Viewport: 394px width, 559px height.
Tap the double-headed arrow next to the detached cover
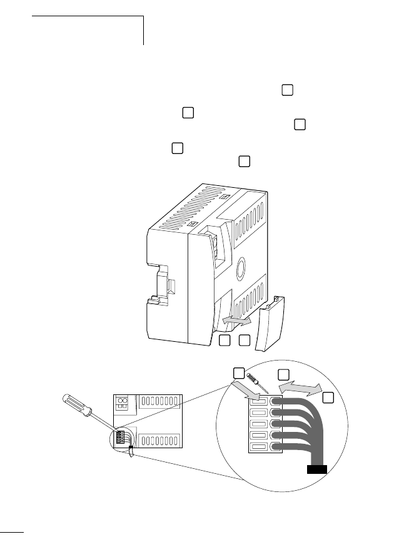pos(238,321)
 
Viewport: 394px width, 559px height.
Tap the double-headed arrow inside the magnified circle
pos(299,389)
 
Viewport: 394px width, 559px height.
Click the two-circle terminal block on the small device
pos(124,404)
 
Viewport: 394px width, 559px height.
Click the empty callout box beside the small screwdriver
pos(238,373)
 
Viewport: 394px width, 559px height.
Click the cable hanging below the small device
pos(131,453)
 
